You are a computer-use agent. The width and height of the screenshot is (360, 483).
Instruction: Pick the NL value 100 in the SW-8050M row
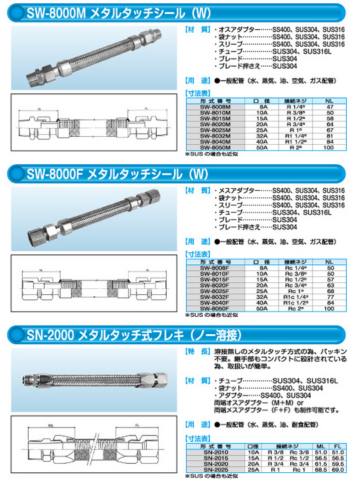point(328,147)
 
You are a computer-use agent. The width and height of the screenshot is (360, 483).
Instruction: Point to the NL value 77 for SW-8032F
point(328,297)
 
